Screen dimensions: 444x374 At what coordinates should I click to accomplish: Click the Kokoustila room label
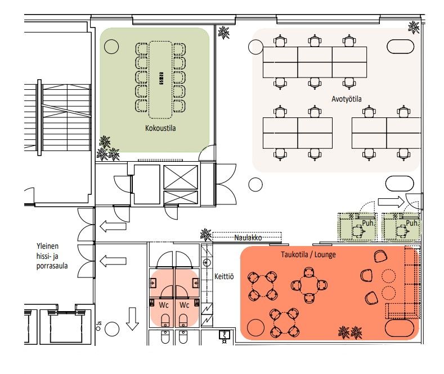160,128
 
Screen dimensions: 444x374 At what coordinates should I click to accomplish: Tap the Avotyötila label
346,99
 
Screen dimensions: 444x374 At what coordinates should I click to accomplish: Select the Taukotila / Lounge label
308,254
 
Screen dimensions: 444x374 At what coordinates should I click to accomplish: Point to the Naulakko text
248,238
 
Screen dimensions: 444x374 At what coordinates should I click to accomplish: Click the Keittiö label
224,276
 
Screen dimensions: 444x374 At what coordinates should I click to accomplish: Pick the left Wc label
164,305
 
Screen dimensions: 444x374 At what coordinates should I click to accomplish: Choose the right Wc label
184,305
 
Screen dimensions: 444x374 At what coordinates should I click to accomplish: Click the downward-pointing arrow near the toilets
132,319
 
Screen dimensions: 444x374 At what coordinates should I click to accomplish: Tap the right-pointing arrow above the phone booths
391,202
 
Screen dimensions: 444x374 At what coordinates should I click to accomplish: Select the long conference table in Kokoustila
160,80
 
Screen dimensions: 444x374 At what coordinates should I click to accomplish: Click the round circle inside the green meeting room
111,47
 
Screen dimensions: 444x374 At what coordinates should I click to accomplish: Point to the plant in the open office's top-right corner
414,28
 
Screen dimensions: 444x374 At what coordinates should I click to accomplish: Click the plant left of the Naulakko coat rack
206,235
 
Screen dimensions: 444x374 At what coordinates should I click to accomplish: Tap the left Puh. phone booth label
367,223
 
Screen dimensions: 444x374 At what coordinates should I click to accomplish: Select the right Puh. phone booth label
412,223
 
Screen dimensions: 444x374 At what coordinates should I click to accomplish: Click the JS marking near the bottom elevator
98,323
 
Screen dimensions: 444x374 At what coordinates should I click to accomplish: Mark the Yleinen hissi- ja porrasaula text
52,256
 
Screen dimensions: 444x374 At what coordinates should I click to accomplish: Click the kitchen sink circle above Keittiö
207,262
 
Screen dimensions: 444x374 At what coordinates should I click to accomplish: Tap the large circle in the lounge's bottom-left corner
255,328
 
